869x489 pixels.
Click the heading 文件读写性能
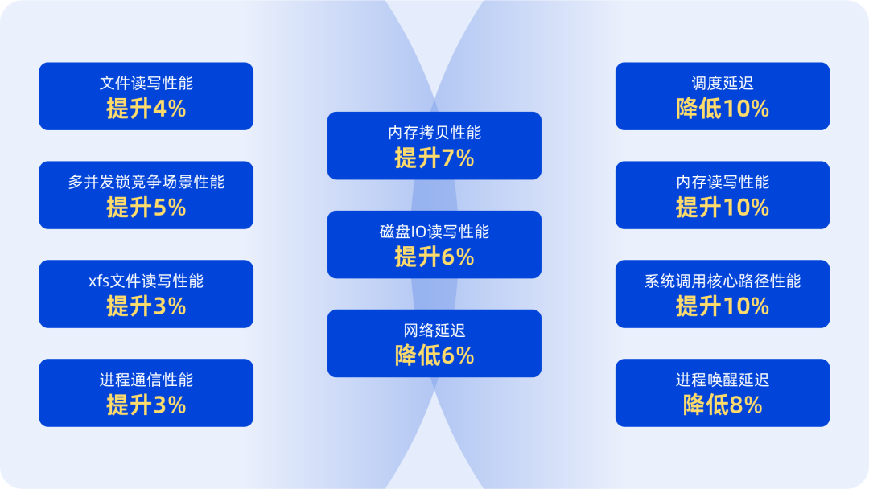146,84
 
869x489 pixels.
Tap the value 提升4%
146,109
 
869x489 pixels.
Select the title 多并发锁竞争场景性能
146,183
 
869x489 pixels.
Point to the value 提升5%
146,208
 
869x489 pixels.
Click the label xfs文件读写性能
146,281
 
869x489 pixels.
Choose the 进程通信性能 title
146,380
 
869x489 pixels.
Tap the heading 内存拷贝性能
434,133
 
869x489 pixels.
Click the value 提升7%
434,158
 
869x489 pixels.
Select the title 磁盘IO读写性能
434,232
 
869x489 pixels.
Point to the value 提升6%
434,257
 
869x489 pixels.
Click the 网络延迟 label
434,331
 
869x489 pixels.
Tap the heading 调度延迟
722,84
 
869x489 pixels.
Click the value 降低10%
722,109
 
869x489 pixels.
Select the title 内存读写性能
722,183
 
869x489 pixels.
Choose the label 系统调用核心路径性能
722,281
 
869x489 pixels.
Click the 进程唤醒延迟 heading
722,380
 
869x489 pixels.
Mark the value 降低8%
722,405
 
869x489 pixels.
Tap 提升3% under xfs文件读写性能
146,306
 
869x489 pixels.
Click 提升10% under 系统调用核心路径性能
722,306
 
